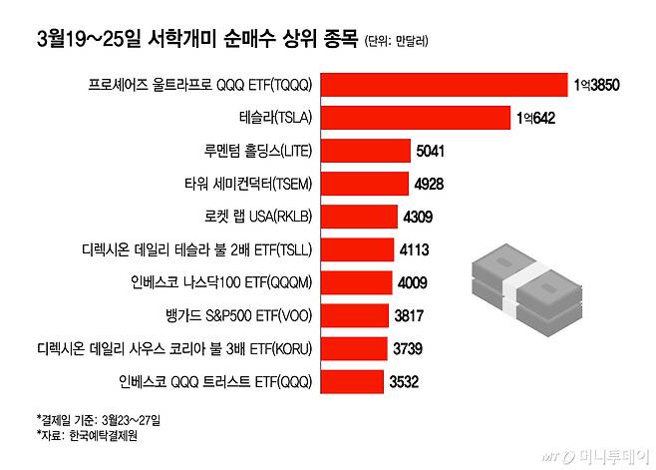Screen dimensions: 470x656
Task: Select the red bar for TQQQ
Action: tap(444, 85)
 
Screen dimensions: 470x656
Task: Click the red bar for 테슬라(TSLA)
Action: tap(416, 118)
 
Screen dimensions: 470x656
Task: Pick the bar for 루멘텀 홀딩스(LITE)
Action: tap(366, 151)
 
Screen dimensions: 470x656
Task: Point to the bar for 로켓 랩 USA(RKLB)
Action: tap(362, 217)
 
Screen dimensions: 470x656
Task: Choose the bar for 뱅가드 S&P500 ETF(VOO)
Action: tap(357, 314)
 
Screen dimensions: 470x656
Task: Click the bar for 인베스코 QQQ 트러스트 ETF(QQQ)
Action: tap(354, 380)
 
